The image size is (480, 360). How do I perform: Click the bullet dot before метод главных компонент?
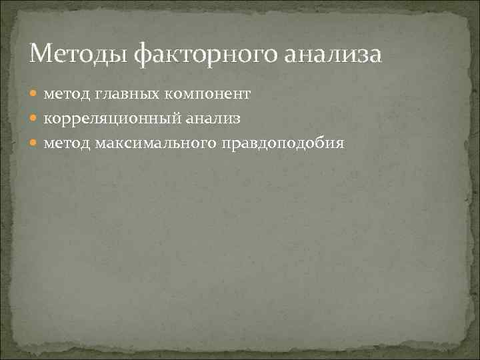pyautogui.click(x=35, y=95)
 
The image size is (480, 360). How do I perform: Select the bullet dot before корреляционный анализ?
pyautogui.click(x=35, y=119)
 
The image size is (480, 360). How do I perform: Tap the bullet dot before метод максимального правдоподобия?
pyautogui.click(x=35, y=143)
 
